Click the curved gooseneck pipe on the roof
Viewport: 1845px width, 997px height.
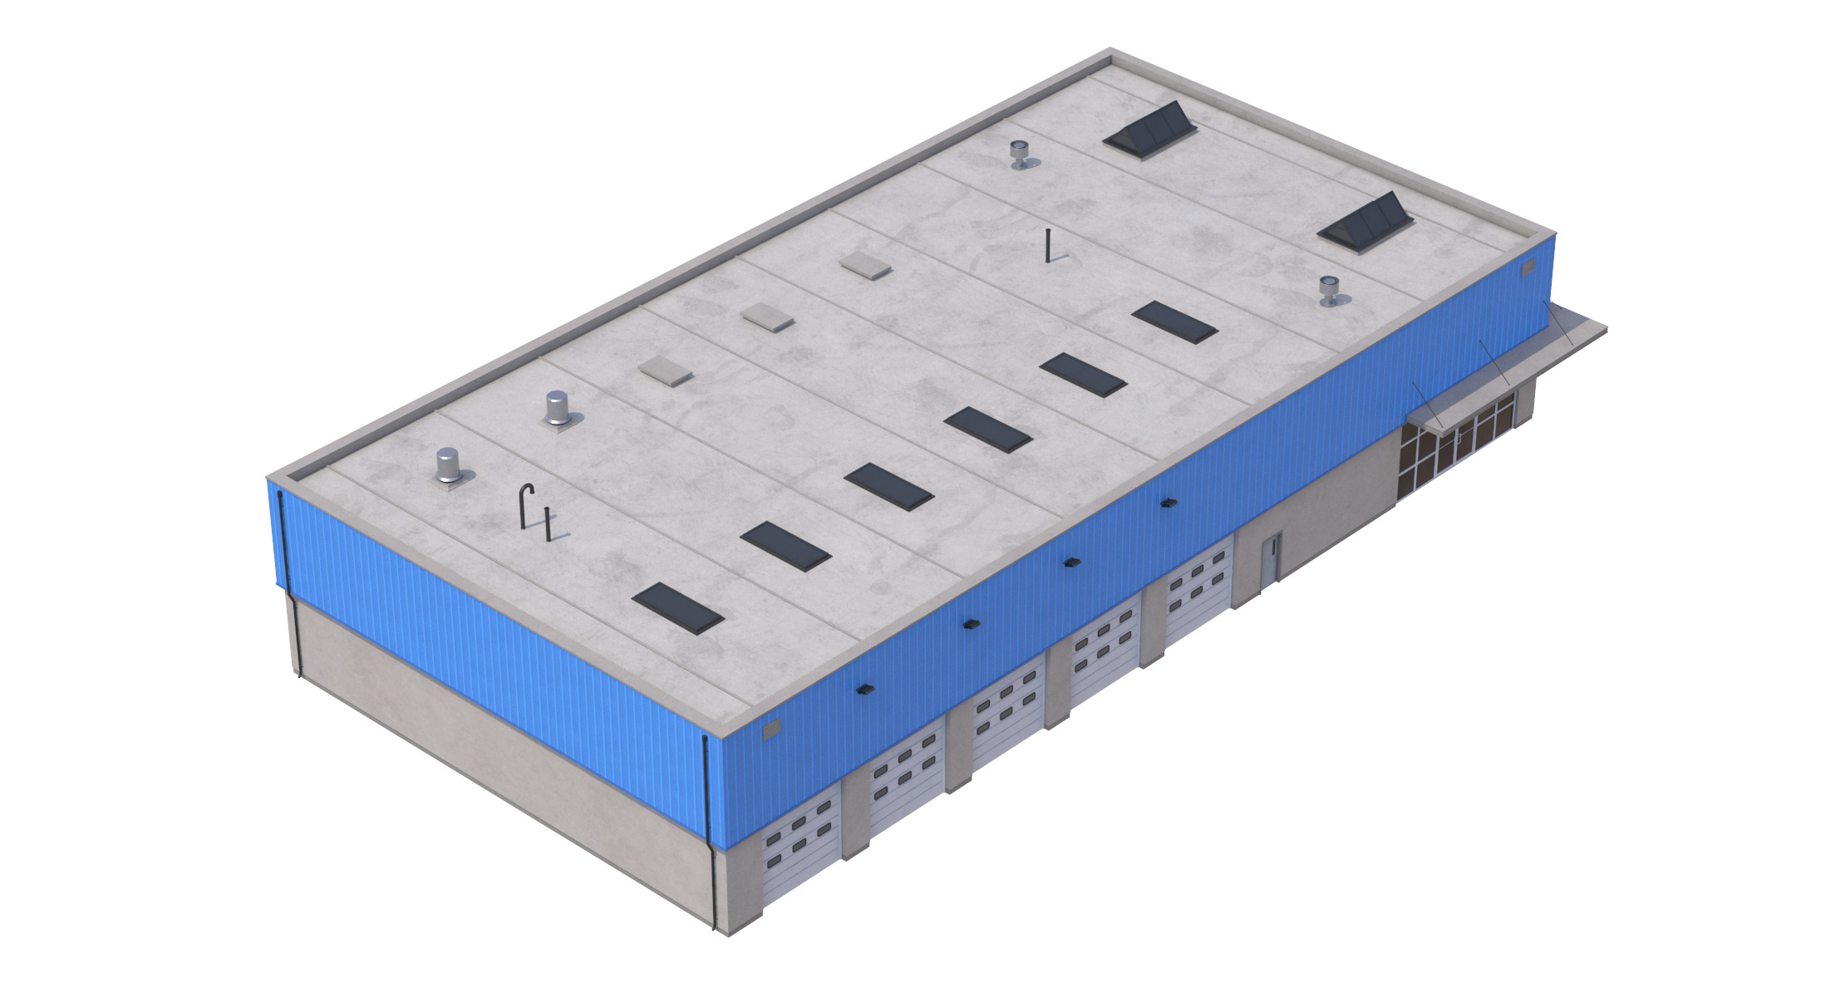525,505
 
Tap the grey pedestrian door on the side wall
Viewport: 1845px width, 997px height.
1271,558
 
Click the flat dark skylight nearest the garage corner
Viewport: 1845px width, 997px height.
677,607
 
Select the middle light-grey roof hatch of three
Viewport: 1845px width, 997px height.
768,317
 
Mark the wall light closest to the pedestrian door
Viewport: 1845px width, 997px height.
1169,503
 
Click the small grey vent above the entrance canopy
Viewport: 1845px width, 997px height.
1528,268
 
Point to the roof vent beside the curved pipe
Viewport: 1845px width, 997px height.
449,467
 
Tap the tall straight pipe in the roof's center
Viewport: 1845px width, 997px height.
1049,245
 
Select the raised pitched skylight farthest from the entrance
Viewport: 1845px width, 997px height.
1151,130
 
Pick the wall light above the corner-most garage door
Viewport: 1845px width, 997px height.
865,689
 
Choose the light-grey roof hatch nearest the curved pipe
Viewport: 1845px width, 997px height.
665,371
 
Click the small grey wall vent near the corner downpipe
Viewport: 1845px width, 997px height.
772,729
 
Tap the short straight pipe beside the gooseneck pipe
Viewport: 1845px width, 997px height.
548,523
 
